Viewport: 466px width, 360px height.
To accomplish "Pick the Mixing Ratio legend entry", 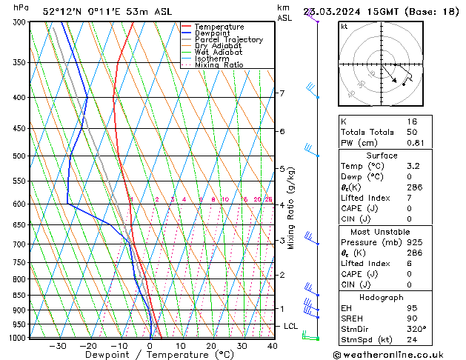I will (219, 65).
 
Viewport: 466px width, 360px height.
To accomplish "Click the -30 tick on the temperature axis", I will (57, 345).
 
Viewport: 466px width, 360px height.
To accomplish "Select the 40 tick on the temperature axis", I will (272, 345).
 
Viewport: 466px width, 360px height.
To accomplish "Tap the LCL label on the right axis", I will (291, 326).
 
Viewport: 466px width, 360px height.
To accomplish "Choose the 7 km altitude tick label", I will (282, 93).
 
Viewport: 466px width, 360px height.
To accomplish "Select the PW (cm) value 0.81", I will (415, 143).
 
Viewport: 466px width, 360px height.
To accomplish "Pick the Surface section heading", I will (382, 156).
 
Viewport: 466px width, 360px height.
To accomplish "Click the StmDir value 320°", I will (416, 329).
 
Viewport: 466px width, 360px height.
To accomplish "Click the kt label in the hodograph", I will (344, 26).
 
